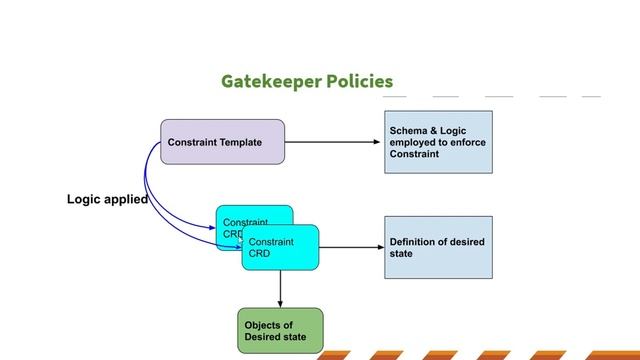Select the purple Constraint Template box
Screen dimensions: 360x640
pyautogui.click(x=222, y=142)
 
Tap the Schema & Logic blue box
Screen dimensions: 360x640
pyautogui.click(x=438, y=143)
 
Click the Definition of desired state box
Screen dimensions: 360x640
pyautogui.click(x=438, y=247)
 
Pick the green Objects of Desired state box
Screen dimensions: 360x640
pyautogui.click(x=279, y=331)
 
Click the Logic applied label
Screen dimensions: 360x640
pyautogui.click(x=107, y=200)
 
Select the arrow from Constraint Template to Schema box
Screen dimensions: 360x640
pyautogui.click(x=334, y=142)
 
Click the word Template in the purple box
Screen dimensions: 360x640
pyautogui.click(x=240, y=142)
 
